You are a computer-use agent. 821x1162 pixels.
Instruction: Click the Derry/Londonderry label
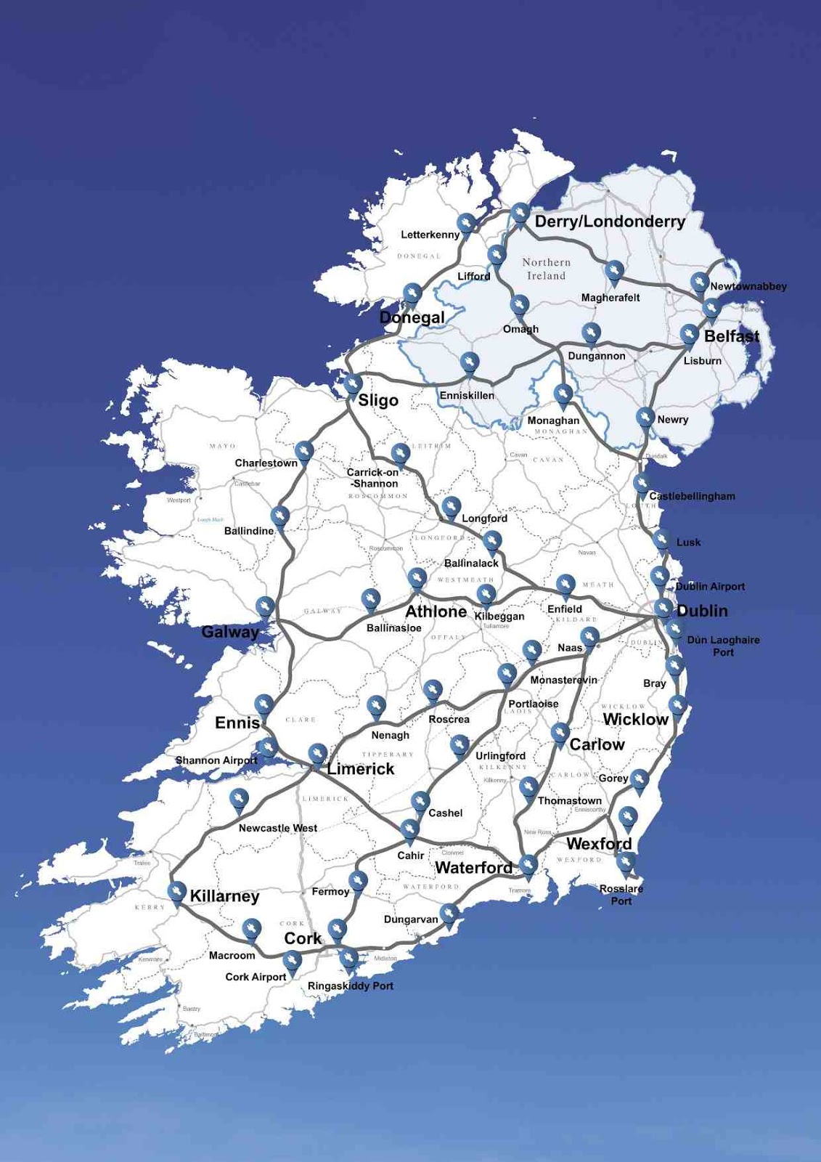point(610,222)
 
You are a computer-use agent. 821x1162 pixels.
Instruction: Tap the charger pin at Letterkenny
point(466,223)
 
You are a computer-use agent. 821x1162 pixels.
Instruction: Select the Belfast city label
point(731,336)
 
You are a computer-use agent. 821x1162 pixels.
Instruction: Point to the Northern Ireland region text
point(546,269)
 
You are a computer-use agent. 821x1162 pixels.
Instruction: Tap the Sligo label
point(378,400)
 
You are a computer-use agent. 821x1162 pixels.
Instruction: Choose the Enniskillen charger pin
point(469,362)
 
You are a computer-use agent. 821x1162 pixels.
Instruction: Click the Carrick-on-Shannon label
point(373,478)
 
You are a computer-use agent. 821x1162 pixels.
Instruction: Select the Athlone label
point(436,612)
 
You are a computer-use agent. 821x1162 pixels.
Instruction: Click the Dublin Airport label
point(709,587)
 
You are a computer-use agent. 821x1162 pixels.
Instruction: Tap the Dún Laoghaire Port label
point(723,646)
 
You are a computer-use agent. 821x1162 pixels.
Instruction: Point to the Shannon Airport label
point(216,760)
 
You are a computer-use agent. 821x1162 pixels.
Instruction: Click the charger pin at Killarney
point(176,891)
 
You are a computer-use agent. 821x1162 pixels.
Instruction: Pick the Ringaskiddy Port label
point(351,986)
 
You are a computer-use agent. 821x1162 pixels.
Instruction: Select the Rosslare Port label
point(621,895)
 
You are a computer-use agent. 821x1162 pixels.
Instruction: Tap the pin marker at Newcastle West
point(238,799)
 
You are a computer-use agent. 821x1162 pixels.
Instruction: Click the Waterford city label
point(473,868)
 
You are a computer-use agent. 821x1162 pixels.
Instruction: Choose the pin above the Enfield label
point(565,584)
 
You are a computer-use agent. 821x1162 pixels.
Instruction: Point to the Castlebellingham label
point(692,497)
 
